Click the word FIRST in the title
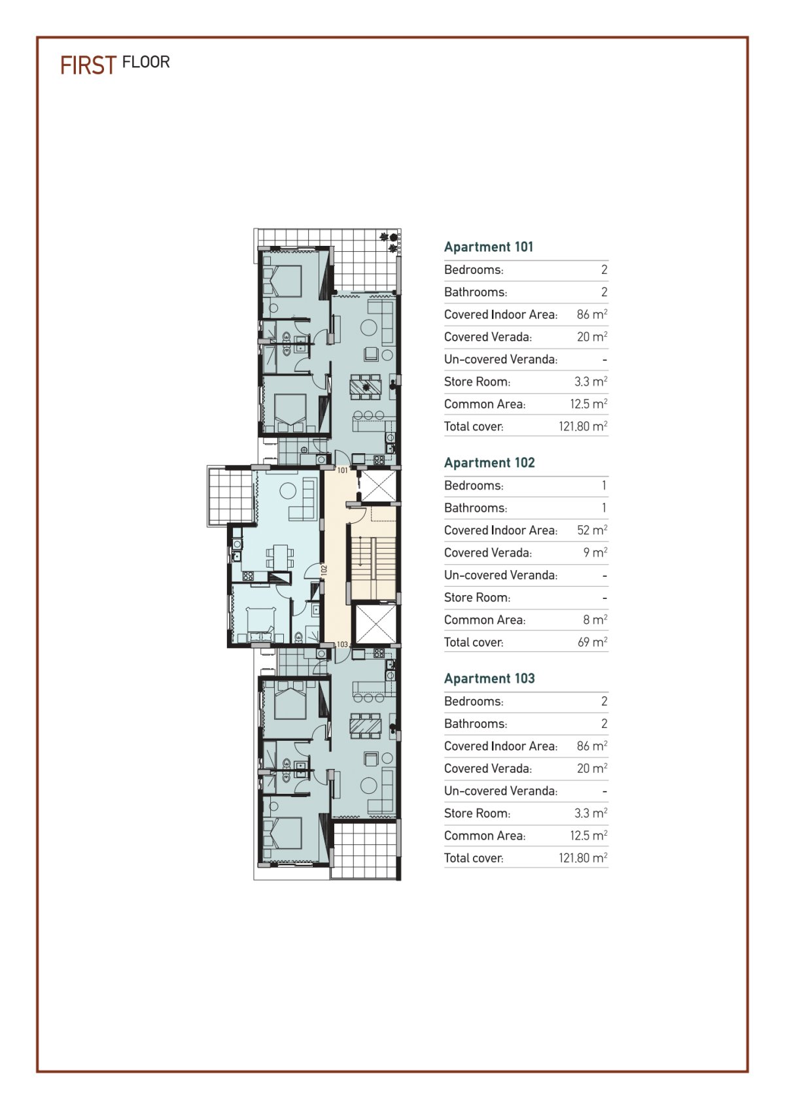(88, 65)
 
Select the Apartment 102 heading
(489, 462)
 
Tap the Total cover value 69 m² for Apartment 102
(592, 641)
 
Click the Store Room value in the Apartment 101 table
(591, 381)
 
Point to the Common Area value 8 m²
(595, 619)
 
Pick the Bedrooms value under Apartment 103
(604, 701)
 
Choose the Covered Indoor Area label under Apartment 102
(500, 530)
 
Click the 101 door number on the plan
(343, 470)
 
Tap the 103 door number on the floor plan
(342, 645)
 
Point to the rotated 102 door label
(324, 570)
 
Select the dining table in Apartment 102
(281, 556)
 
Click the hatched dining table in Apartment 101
(366, 386)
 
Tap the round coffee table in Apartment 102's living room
(288, 491)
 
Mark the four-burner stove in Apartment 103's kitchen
(379, 654)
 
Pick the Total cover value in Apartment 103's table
(583, 857)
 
